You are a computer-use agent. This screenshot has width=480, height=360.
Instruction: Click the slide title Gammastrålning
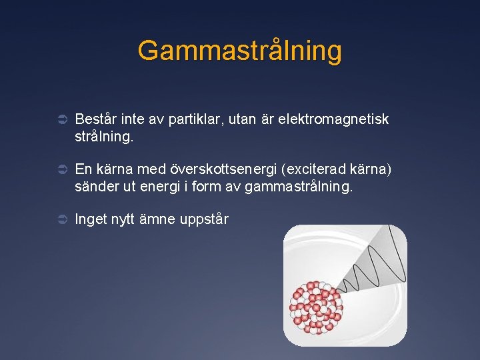pyautogui.click(x=239, y=51)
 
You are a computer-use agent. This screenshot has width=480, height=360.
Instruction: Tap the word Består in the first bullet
pyautogui.click(x=95, y=119)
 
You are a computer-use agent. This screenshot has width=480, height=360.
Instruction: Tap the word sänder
pyautogui.click(x=97, y=187)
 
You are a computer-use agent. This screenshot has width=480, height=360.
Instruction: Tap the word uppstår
pyautogui.click(x=205, y=219)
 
